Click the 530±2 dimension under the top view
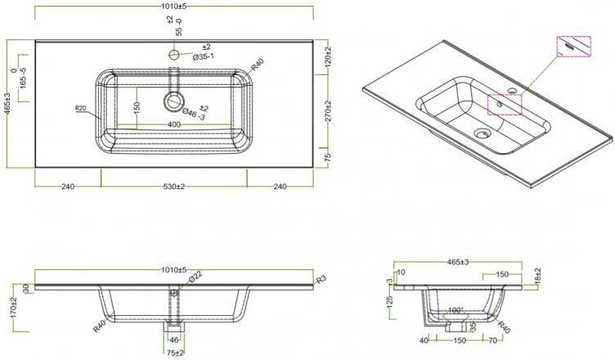tap(173, 187)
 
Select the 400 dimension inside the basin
tap(173, 125)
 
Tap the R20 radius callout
tap(80, 108)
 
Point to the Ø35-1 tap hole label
tap(203, 56)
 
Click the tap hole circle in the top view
tap(173, 55)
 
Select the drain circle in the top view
tap(173, 101)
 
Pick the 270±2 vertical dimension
tap(328, 111)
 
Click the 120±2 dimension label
tap(328, 56)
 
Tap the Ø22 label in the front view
tap(195, 277)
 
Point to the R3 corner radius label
tap(321, 279)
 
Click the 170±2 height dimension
tap(15, 308)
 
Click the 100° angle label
tap(456, 310)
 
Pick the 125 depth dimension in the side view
tap(389, 302)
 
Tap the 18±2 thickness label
tap(537, 276)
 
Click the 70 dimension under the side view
tap(493, 340)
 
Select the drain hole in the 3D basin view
tap(482, 133)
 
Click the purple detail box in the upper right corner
tap(574, 47)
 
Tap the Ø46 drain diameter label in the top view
tap(195, 113)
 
